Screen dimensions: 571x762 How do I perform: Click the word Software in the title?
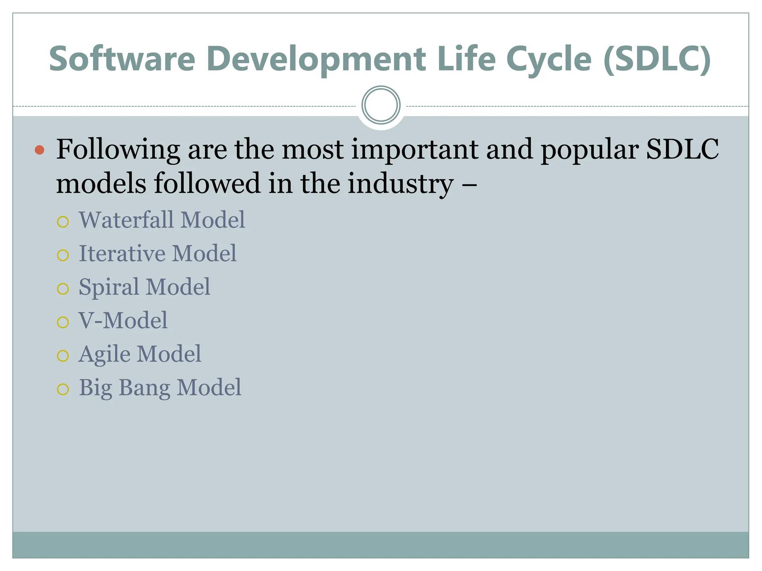pyautogui.click(x=122, y=59)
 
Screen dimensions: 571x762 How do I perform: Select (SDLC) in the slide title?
pyautogui.click(x=657, y=59)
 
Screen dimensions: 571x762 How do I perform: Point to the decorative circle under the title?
pyautogui.click(x=381, y=105)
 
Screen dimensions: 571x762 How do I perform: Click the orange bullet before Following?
pyautogui.click(x=39, y=150)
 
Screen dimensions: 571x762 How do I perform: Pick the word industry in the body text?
pyautogui.click(x=401, y=184)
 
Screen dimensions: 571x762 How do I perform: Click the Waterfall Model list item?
pyautogui.click(x=162, y=220)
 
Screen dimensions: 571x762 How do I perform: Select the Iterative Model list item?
pyautogui.click(x=157, y=254)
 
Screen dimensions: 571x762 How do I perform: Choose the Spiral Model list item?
pyautogui.click(x=144, y=287)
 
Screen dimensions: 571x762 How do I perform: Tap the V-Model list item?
pyautogui.click(x=123, y=320)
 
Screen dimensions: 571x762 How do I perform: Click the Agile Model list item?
pyautogui.click(x=140, y=354)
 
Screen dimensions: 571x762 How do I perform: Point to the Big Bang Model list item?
pyautogui.click(x=160, y=388)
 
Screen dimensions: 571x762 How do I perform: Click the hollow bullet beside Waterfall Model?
pyautogui.click(x=63, y=222)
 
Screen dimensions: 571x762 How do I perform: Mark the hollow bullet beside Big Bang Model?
pyautogui.click(x=63, y=390)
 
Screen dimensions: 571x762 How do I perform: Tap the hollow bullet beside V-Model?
pyautogui.click(x=63, y=322)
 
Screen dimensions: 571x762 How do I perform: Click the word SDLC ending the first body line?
pyautogui.click(x=682, y=149)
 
